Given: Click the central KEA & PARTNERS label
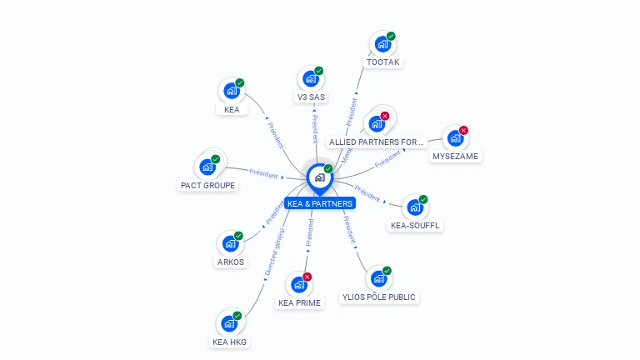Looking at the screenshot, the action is tap(320, 203).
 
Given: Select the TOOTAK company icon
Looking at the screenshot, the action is tap(382, 43).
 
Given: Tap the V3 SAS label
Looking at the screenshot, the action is tap(311, 97).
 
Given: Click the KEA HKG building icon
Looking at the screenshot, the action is tap(228, 322).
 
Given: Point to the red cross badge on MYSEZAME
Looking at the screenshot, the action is tap(463, 131).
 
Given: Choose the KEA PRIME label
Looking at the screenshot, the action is tap(299, 302).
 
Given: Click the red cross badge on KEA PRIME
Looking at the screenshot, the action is tap(307, 277).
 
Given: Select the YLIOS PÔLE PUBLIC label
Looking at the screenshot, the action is tap(379, 297).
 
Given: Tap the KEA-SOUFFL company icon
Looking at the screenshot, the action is tap(414, 207).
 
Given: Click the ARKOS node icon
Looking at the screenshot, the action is tap(229, 243).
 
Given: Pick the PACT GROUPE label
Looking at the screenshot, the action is tap(207, 185).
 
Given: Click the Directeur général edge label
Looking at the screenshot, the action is tap(274, 255).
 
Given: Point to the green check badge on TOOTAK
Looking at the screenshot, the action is tap(391, 37).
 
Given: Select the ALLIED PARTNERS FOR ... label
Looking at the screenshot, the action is tap(377, 142).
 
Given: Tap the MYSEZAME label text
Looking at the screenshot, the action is tap(456, 156).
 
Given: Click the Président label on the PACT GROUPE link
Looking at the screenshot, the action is tap(263, 173).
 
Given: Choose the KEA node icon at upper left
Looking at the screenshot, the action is tap(231, 90).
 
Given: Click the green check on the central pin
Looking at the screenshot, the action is tap(328, 169).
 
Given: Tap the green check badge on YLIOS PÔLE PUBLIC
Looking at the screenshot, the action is tap(387, 271).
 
